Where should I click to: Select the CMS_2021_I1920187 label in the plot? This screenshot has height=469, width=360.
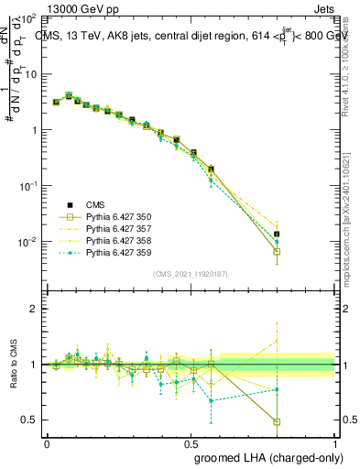click(x=191, y=274)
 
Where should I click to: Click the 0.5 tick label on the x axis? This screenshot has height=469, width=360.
click(x=191, y=442)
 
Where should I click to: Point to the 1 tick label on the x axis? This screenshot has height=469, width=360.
click(x=335, y=442)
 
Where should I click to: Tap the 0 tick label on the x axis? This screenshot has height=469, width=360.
click(x=47, y=442)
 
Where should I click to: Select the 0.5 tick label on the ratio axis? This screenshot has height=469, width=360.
click(x=29, y=420)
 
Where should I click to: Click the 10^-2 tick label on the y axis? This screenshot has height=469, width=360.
click(x=27, y=243)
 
